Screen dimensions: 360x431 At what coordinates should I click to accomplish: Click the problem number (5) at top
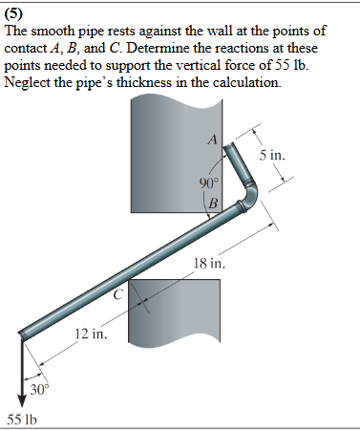coord(15,13)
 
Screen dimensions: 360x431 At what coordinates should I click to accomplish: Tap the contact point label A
coord(214,140)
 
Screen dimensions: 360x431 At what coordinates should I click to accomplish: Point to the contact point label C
coord(119,294)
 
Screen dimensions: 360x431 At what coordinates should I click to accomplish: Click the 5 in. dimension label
coord(272,155)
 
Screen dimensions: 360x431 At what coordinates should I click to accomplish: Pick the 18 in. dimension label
coord(209,263)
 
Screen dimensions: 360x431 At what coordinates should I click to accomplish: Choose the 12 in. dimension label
coord(92,335)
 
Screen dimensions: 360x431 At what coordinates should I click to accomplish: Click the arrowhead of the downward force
coord(20,401)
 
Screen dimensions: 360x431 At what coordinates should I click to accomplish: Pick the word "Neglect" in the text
coord(29,83)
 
